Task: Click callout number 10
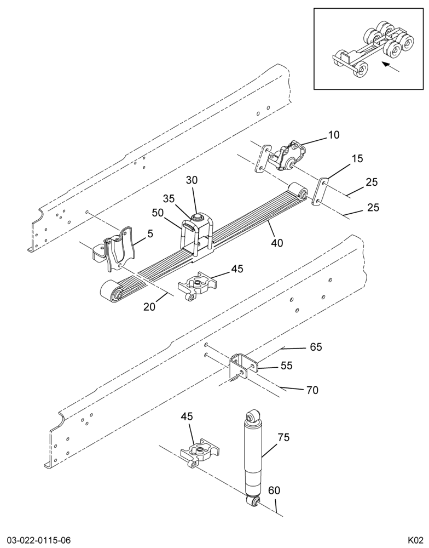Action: point(334,135)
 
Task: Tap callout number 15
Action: point(357,158)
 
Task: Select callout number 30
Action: point(192,180)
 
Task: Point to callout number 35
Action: point(169,198)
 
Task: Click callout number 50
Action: point(158,213)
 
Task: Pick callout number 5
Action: point(150,234)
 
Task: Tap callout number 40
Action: point(277,242)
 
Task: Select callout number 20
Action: point(149,306)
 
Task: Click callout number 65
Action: point(316,347)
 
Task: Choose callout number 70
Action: point(312,390)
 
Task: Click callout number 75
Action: point(284,437)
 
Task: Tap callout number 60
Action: point(274,490)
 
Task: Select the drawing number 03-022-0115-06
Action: point(36,540)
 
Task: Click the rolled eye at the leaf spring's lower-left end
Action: point(111,290)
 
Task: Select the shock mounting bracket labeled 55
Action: point(243,367)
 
